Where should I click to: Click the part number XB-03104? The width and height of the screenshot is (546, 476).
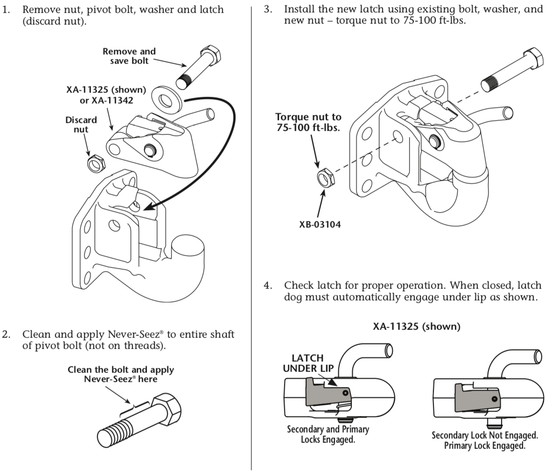pyautogui.click(x=320, y=224)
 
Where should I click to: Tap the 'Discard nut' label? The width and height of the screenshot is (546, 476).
pyautogui.click(x=81, y=125)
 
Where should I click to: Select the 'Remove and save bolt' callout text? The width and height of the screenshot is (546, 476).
pyautogui.click(x=129, y=56)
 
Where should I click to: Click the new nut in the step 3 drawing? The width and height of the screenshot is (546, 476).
pyautogui.click(x=323, y=178)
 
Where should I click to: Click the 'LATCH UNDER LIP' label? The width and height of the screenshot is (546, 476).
pyautogui.click(x=308, y=363)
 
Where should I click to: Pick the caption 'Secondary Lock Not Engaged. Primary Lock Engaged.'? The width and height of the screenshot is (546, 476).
pyautogui.click(x=484, y=441)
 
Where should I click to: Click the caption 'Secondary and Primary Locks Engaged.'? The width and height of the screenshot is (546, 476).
pyautogui.click(x=328, y=434)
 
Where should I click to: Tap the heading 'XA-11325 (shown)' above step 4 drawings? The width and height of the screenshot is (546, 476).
pyautogui.click(x=416, y=327)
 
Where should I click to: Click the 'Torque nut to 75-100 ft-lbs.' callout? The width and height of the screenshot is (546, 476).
pyautogui.click(x=308, y=122)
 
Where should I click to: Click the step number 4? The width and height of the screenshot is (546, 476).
pyautogui.click(x=268, y=285)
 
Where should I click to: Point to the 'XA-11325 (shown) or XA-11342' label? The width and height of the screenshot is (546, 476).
pyautogui.click(x=106, y=95)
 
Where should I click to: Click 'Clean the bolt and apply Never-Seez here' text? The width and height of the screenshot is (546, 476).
pyautogui.click(x=120, y=374)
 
